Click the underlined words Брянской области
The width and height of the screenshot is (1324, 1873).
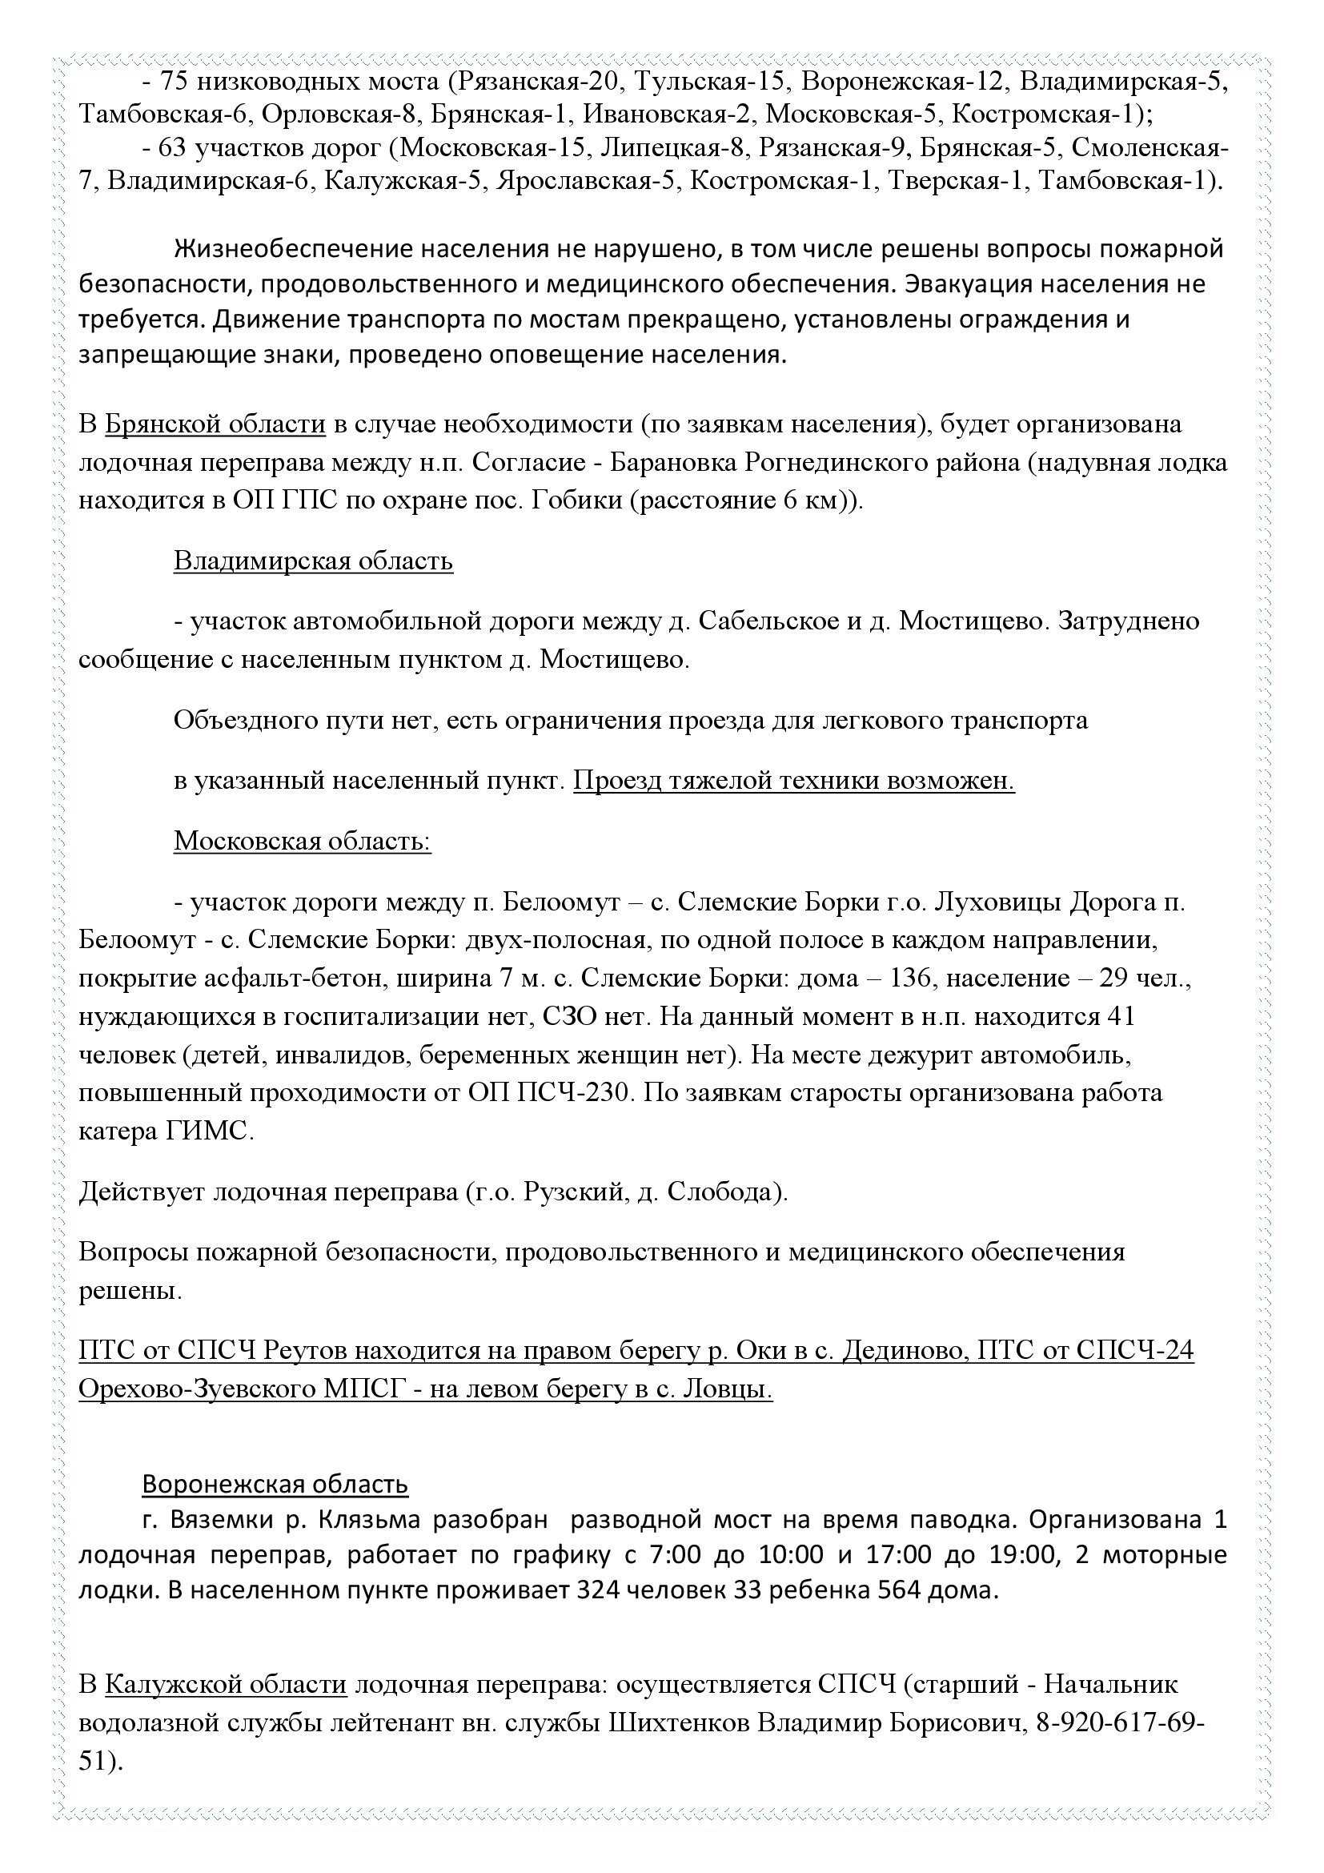[x=216, y=425]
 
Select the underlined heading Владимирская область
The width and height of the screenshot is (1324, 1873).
[x=313, y=561]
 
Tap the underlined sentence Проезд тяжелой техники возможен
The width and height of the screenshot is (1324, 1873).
[x=794, y=781]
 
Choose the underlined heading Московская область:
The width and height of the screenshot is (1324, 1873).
[x=303, y=840]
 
